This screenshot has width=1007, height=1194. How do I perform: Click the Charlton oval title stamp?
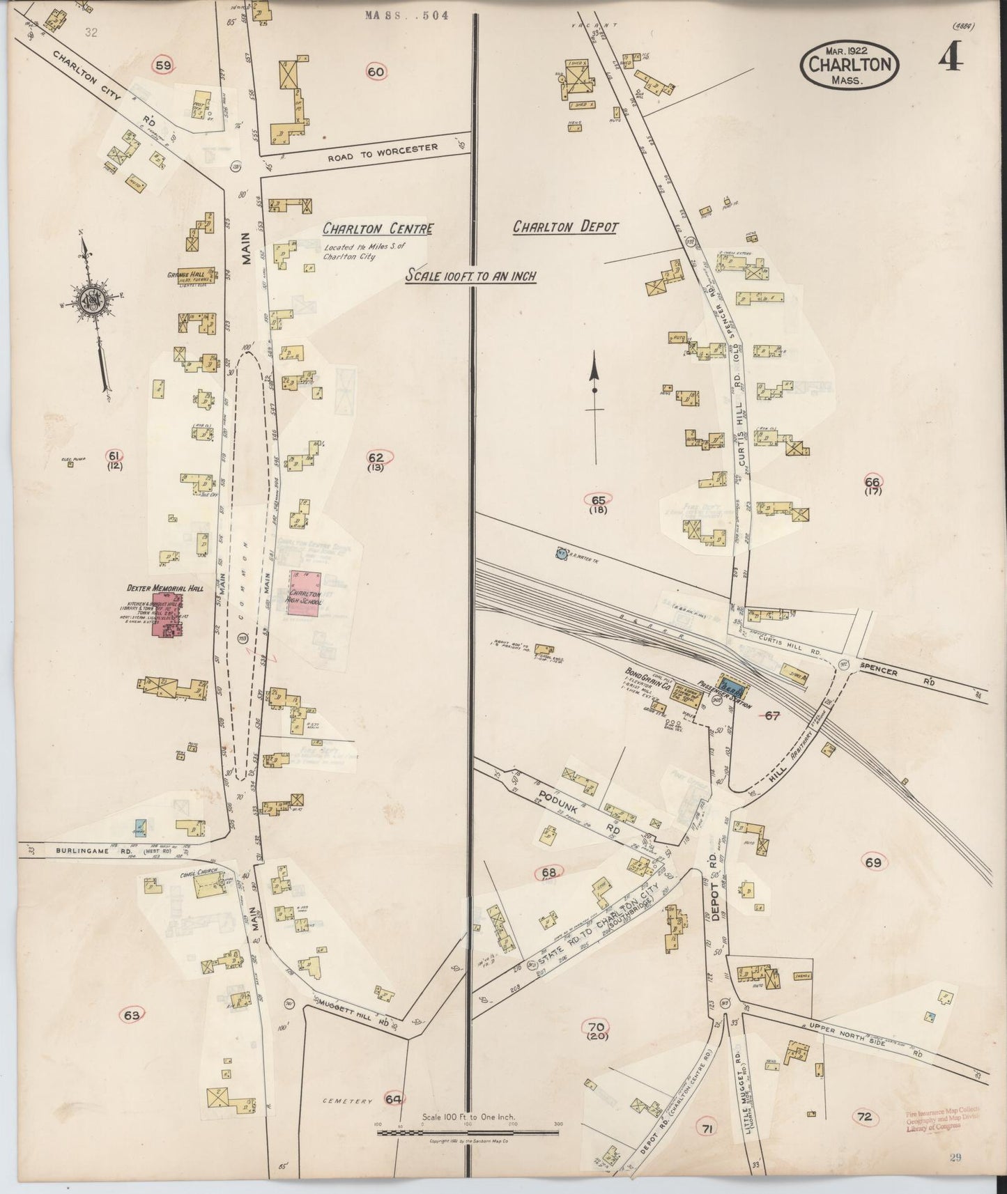(x=850, y=64)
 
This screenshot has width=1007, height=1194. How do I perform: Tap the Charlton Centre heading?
(x=378, y=228)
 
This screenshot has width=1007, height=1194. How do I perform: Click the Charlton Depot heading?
(x=565, y=227)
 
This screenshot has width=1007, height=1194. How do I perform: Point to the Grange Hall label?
(x=183, y=274)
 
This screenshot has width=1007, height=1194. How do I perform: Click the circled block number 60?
(x=376, y=71)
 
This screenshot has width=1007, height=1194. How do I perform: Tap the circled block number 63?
(x=132, y=1015)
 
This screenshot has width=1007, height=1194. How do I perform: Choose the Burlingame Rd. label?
(x=89, y=851)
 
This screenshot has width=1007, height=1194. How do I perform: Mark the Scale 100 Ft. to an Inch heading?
(x=470, y=276)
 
